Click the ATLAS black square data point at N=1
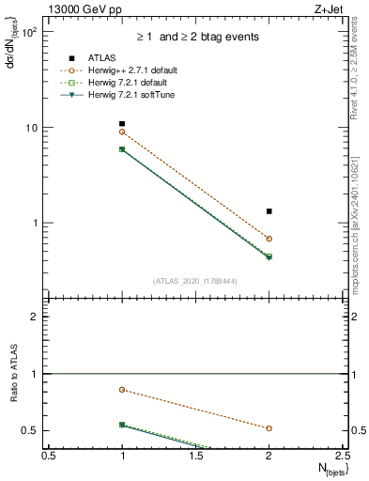[x=122, y=124]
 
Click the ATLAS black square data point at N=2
[x=269, y=211]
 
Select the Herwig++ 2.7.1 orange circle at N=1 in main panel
[x=122, y=132]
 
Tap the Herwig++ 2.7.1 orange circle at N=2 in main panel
[x=269, y=239]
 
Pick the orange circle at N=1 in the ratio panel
[x=122, y=389]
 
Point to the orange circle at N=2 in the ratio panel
[x=269, y=428]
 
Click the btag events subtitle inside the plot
[x=194, y=37]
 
